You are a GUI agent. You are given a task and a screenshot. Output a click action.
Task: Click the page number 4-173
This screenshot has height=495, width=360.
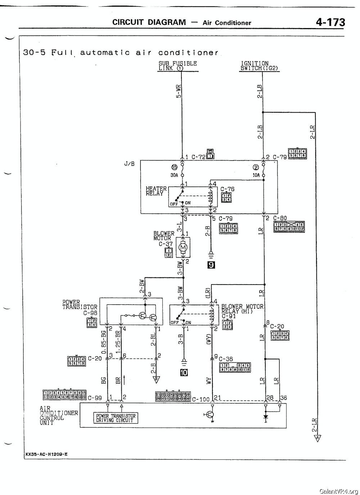click(x=330, y=23)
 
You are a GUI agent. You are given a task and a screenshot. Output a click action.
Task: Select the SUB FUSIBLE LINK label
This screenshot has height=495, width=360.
click(x=177, y=66)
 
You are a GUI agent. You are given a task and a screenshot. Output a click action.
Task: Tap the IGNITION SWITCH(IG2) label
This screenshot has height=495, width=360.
click(x=259, y=66)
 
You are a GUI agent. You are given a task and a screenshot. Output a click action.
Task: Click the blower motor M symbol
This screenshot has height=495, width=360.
click(x=183, y=247)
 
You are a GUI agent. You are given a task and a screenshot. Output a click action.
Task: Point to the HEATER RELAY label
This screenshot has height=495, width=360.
click(x=156, y=191)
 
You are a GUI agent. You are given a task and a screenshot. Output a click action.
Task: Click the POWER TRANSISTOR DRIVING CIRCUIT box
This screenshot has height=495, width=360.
click(x=116, y=418)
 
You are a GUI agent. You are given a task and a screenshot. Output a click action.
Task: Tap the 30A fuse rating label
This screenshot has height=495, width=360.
click(x=175, y=175)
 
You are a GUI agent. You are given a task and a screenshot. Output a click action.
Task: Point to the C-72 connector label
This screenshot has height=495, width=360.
click(x=198, y=157)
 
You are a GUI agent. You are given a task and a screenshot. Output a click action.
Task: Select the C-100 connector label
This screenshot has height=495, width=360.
click(x=201, y=399)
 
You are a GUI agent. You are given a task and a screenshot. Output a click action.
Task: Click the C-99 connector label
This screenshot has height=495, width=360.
click(x=95, y=398)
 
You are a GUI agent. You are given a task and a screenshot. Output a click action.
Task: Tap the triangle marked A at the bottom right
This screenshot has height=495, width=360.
click(x=317, y=438)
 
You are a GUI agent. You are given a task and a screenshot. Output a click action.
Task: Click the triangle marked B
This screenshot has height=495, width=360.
click(x=156, y=379)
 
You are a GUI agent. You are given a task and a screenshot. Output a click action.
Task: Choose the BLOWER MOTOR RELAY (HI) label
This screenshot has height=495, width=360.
click(x=242, y=309)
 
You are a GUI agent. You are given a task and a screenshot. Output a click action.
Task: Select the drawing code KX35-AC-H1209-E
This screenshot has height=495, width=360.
click(x=46, y=454)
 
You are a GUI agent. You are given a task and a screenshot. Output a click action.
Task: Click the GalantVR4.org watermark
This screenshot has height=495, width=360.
click(x=338, y=491)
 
